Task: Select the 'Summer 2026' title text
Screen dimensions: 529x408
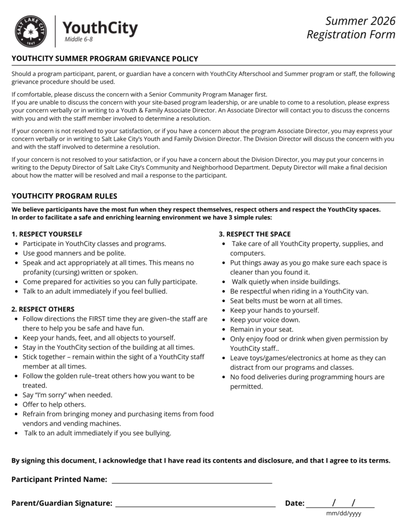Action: click(360, 21)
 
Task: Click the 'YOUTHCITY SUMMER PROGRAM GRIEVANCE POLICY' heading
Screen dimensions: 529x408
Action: click(105, 59)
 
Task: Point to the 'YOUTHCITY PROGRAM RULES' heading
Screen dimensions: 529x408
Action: click(64, 196)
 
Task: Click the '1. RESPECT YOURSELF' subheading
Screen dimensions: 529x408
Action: click(47, 234)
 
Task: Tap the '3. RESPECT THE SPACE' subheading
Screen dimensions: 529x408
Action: click(254, 234)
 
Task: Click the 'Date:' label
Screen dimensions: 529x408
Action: click(295, 503)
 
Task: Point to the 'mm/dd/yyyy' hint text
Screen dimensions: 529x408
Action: click(344, 514)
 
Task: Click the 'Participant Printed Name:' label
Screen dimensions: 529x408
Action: click(59, 479)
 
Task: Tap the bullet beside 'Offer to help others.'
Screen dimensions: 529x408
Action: click(18, 405)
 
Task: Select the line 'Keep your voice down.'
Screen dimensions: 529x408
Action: click(265, 320)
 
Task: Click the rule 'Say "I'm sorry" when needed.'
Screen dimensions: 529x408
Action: click(67, 395)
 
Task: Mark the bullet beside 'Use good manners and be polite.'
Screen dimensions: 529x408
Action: click(18, 253)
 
